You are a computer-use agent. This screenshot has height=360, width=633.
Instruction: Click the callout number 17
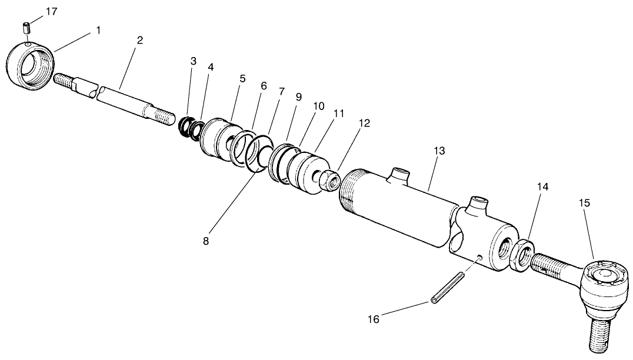tap(51, 11)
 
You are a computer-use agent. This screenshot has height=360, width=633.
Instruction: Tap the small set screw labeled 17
tap(26, 27)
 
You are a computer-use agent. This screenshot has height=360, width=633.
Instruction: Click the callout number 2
tap(139, 41)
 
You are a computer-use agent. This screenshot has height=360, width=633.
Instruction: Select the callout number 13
tap(438, 151)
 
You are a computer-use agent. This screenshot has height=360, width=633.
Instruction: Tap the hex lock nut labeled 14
tap(522, 254)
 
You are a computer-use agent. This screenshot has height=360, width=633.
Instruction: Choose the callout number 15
tap(584, 203)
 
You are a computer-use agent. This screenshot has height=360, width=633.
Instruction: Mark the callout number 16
tap(374, 319)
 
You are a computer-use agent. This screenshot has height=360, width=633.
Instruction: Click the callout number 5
tap(241, 78)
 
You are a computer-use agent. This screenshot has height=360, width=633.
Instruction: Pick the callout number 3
tap(193, 61)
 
